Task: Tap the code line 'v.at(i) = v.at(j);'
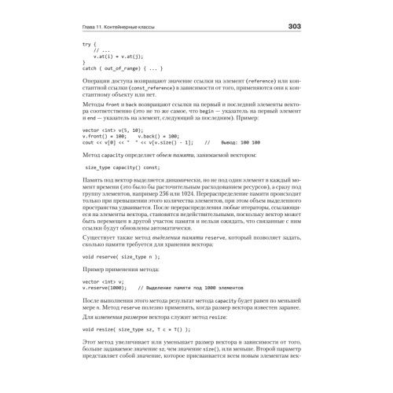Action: [x=119, y=57]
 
